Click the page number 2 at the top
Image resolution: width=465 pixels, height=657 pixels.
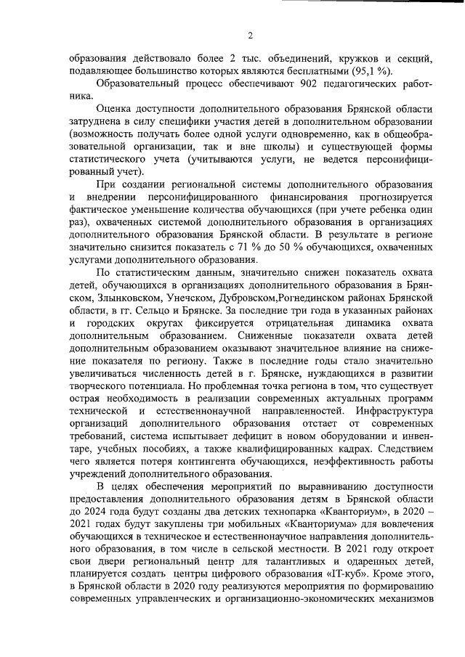click(251, 36)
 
